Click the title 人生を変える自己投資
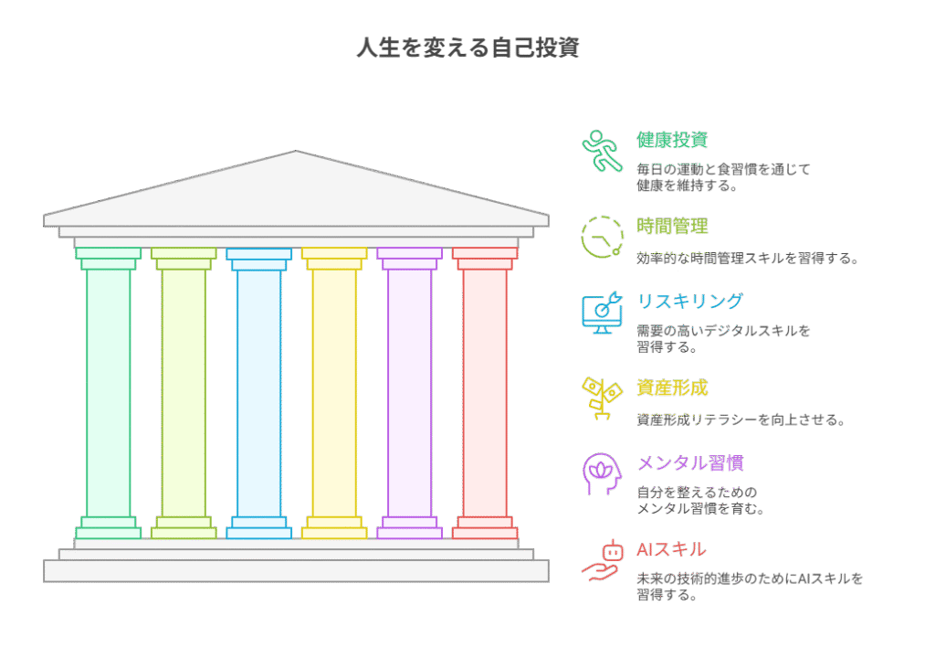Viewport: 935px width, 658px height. pos(468,48)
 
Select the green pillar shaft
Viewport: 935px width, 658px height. pos(109,393)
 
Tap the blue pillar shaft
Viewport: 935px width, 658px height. pos(258,393)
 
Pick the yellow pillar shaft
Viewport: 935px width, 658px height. pos(334,393)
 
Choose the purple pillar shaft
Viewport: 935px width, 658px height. pos(410,393)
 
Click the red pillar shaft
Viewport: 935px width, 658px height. pos(485,393)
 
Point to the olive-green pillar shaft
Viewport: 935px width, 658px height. pos(184,393)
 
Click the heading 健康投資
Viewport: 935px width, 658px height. pos(672,140)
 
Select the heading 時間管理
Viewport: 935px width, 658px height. pos(672,227)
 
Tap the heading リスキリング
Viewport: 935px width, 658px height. pos(690,301)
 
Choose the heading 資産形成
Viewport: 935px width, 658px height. pos(672,387)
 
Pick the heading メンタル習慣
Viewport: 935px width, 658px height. pos(690,462)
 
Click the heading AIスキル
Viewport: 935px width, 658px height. pos(671,549)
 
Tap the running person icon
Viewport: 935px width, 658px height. pos(602,151)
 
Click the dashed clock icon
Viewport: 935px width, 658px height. pos(603,237)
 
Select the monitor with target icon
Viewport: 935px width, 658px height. pos(603,313)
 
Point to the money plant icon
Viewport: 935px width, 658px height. pos(603,398)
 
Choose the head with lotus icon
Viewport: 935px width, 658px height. pos(603,473)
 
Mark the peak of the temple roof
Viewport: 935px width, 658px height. pos(296,151)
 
